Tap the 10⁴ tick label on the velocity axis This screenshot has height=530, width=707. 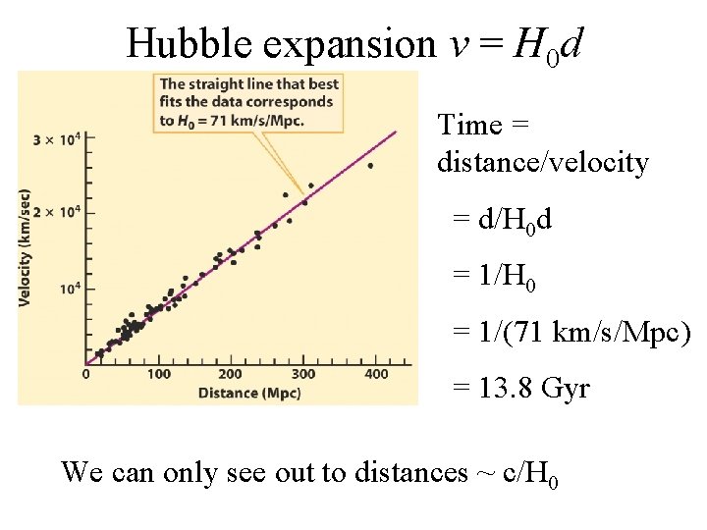(x=69, y=287)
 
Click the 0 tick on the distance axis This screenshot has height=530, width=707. (x=86, y=374)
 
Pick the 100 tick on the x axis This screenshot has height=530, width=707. (x=158, y=374)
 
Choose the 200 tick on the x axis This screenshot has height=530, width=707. (x=230, y=374)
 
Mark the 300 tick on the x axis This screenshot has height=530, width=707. (x=302, y=374)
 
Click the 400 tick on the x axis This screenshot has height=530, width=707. (x=375, y=374)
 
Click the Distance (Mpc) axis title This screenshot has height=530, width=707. (x=243, y=393)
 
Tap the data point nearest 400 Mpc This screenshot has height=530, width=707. (x=370, y=166)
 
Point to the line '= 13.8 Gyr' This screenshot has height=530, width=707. (x=520, y=389)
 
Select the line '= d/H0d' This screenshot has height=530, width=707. (x=502, y=221)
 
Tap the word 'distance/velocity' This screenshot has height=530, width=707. (x=543, y=163)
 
